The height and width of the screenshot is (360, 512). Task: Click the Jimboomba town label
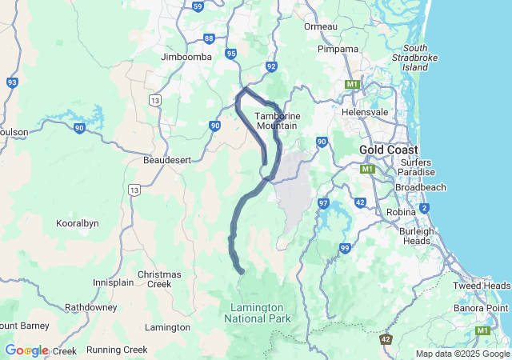pyautogui.click(x=186, y=58)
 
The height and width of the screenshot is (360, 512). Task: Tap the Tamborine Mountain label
pyautogui.click(x=277, y=121)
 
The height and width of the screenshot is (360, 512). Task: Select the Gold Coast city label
pyautogui.click(x=388, y=150)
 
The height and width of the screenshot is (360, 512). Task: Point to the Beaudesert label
pyautogui.click(x=167, y=160)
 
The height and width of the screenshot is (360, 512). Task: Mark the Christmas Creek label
pyautogui.click(x=159, y=279)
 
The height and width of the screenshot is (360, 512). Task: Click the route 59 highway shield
pyautogui.click(x=198, y=6)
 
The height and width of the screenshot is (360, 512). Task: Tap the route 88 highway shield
pyautogui.click(x=209, y=38)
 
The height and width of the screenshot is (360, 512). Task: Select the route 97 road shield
pyautogui.click(x=323, y=203)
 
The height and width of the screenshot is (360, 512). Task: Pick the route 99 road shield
pyautogui.click(x=345, y=249)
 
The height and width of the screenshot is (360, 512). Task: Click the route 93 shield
pyautogui.click(x=11, y=82)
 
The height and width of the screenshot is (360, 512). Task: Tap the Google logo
pyautogui.click(x=26, y=350)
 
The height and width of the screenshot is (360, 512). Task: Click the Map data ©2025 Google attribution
pyautogui.click(x=462, y=354)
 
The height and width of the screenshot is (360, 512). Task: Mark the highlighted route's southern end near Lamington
pyautogui.click(x=242, y=273)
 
